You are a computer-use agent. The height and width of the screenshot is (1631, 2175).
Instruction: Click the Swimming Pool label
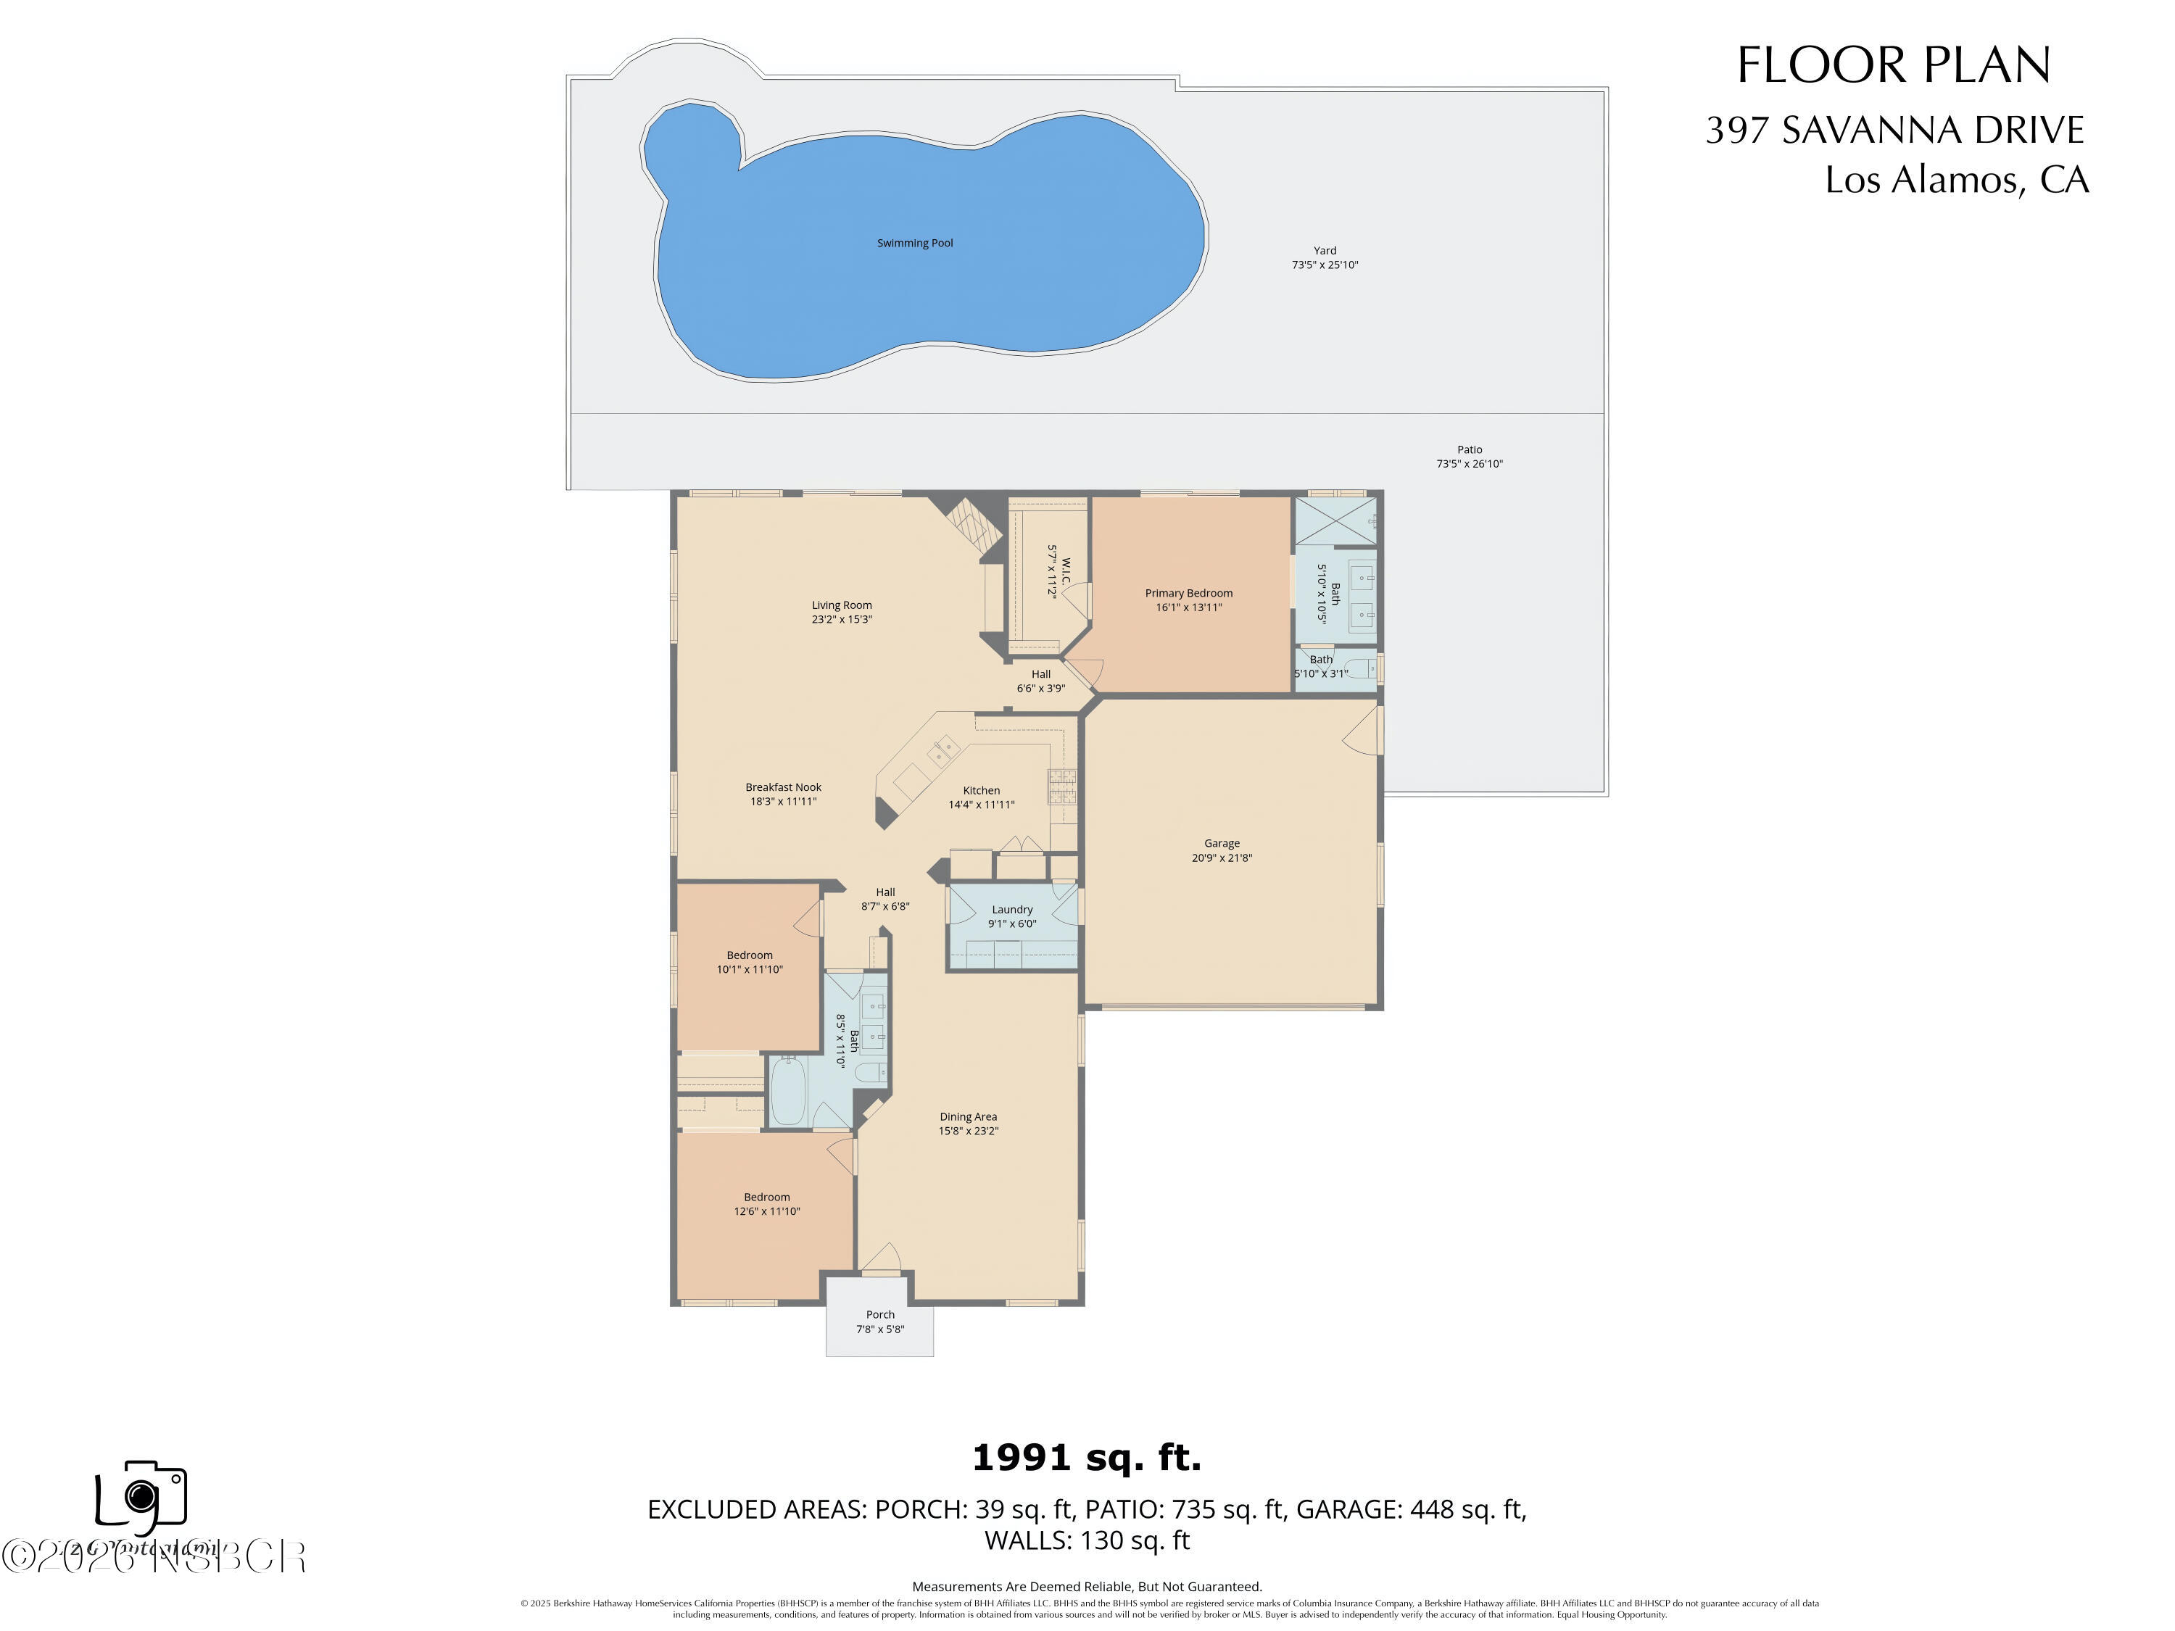pyautogui.click(x=914, y=243)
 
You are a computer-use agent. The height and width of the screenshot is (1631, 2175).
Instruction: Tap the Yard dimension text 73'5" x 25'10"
pyautogui.click(x=1325, y=265)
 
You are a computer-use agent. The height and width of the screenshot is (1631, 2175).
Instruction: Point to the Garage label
pyautogui.click(x=1221, y=844)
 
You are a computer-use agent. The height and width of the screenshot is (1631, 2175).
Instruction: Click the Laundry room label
pyautogui.click(x=1012, y=910)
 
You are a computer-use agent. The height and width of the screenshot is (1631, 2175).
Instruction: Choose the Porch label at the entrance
pyautogui.click(x=880, y=1314)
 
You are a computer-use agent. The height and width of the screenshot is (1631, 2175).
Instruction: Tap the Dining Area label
pyautogui.click(x=968, y=1117)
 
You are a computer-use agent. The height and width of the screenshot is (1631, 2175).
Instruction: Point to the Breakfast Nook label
pyautogui.click(x=783, y=787)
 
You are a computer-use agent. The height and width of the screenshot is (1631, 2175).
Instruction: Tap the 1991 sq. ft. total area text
pyautogui.click(x=1087, y=1457)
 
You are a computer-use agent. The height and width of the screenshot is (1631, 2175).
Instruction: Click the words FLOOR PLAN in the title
pyautogui.click(x=1894, y=66)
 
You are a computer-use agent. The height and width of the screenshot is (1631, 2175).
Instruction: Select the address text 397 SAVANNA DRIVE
pyautogui.click(x=1894, y=130)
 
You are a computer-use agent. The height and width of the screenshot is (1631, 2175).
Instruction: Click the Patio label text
pyautogui.click(x=1469, y=449)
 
